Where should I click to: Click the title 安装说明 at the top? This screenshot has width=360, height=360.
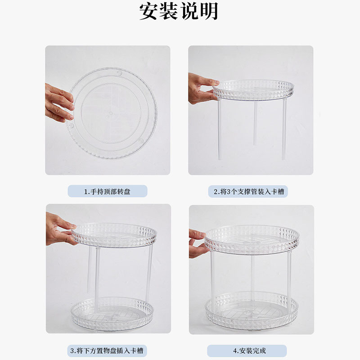point(179,11)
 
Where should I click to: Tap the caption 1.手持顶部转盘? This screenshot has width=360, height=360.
point(107,192)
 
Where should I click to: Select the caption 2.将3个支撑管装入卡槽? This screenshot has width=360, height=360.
point(249,192)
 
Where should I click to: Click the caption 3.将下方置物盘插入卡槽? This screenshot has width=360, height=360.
point(107,351)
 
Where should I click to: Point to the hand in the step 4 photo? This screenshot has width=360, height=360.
point(198,243)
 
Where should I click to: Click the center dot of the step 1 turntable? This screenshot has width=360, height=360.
point(111,113)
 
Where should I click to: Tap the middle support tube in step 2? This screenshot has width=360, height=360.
point(255,123)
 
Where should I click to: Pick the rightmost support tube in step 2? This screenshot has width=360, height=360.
point(284,129)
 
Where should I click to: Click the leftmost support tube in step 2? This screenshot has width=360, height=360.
point(220,129)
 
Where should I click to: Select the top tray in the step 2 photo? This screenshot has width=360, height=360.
point(253,90)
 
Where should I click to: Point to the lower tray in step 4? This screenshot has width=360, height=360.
point(252,310)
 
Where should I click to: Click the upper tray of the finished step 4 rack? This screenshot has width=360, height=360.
point(252,239)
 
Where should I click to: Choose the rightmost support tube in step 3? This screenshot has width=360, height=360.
point(149,273)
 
